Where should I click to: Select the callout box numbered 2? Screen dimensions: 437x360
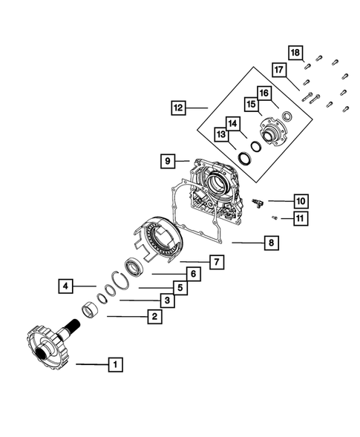(x=153, y=317)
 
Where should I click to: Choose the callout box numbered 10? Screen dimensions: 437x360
(x=301, y=200)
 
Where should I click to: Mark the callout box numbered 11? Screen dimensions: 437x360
(x=301, y=217)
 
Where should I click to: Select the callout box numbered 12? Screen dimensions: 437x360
(x=177, y=108)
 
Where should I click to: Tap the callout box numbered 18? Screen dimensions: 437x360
(x=295, y=53)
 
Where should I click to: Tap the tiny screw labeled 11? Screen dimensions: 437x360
(x=275, y=217)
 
